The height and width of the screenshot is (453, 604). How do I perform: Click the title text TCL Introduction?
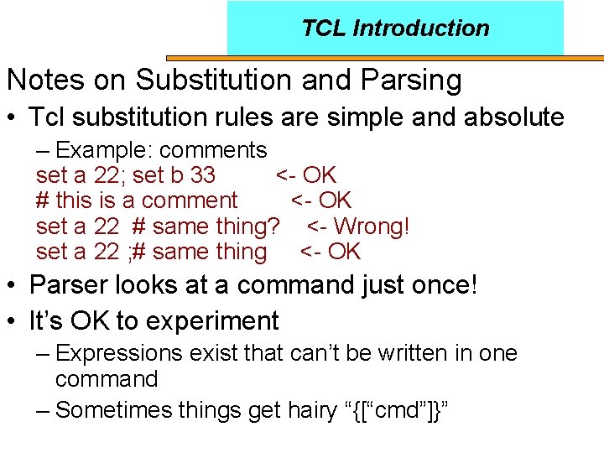[x=395, y=28]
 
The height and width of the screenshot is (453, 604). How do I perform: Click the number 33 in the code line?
[x=203, y=175]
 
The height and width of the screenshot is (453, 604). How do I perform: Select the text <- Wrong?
[x=358, y=226]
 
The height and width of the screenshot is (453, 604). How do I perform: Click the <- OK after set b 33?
[x=305, y=175]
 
